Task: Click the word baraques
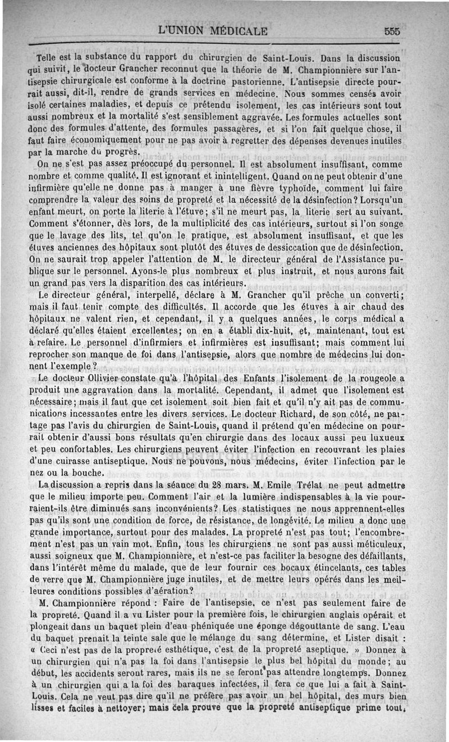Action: coord(190,684)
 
